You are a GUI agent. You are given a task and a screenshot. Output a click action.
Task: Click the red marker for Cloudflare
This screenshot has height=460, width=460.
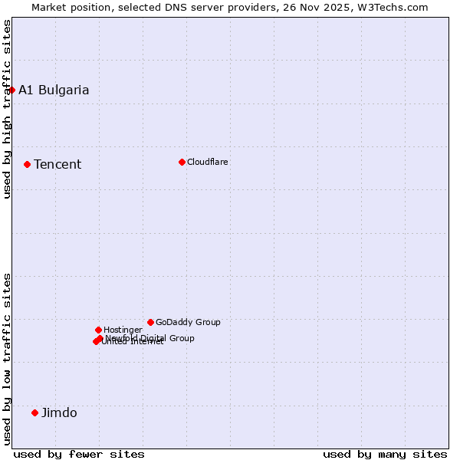coord(182,162)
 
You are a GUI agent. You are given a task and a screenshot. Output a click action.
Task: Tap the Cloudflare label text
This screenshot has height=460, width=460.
coord(207,162)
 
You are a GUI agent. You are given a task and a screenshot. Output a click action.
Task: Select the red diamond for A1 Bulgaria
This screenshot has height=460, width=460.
coord(11,90)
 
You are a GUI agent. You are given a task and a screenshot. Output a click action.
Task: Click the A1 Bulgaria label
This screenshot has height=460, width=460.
coord(54,90)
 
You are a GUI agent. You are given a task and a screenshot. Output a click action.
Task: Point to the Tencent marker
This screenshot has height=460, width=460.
coord(27,164)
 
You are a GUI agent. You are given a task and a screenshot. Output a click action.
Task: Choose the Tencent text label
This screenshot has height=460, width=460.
coord(58,164)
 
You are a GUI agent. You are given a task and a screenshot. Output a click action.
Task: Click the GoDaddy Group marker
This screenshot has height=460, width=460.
coord(150,322)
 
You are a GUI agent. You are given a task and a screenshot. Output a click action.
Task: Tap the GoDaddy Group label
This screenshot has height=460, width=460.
coord(188,322)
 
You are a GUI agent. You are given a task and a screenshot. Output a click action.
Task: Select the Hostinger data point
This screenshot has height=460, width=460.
coord(98,330)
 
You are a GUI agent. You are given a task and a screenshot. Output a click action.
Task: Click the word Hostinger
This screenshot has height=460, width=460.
coord(123,330)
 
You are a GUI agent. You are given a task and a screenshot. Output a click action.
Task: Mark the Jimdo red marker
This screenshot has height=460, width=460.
coord(34,412)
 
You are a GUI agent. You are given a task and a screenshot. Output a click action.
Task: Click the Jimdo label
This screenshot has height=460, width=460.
coord(59,412)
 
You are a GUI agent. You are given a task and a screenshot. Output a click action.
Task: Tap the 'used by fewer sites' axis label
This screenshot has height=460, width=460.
coord(79,454)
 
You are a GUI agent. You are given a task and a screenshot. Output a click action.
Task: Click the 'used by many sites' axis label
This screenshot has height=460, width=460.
coord(385,454)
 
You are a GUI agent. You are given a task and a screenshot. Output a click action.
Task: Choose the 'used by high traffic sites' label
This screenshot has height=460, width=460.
coord(7,109)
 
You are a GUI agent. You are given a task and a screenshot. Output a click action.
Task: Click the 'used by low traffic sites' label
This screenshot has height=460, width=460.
coord(7,358)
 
